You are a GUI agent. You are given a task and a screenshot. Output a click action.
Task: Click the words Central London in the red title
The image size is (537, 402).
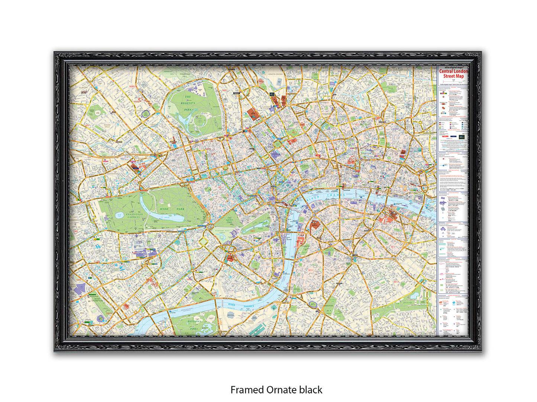pyautogui.click(x=453, y=71)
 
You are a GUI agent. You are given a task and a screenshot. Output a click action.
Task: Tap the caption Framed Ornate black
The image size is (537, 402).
pyautogui.click(x=276, y=390)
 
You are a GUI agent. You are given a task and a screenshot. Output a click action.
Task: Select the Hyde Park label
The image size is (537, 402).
pyautogui.click(x=172, y=209)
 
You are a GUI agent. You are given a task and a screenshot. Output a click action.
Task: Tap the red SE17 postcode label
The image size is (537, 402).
pyautogui.click(x=396, y=282)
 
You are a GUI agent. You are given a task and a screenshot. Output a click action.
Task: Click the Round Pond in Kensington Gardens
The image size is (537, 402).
pyautogui.click(x=120, y=215)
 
